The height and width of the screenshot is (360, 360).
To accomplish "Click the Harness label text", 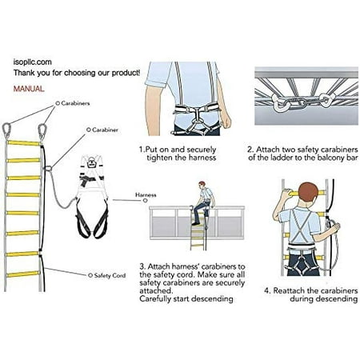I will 146,194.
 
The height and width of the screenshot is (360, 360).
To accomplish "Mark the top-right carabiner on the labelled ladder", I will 42,130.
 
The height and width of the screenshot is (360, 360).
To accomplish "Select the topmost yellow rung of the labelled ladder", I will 25,142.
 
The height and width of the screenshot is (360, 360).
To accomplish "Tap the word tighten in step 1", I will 164,157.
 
